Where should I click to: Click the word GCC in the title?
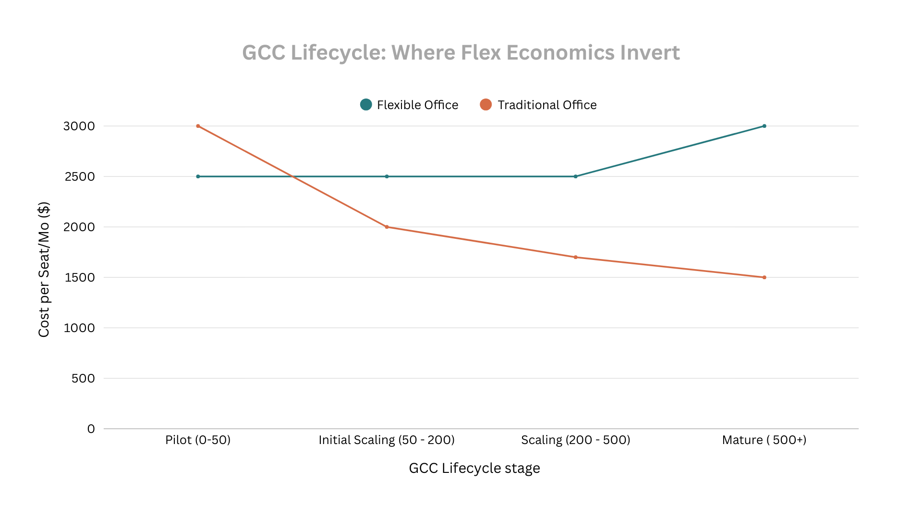(x=263, y=52)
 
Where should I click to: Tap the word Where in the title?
(x=423, y=52)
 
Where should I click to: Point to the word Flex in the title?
(x=480, y=52)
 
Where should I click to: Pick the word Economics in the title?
(x=560, y=52)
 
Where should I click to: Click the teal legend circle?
(x=366, y=104)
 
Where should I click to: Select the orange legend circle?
(x=485, y=104)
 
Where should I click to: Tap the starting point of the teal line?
(x=198, y=176)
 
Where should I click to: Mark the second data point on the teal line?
(x=387, y=176)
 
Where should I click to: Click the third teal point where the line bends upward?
(x=576, y=176)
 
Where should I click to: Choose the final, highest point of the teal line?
(x=764, y=126)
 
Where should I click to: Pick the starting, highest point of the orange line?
(x=198, y=126)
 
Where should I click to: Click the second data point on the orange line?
(x=387, y=227)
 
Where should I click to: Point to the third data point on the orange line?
(x=576, y=257)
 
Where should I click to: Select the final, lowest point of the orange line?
(x=764, y=277)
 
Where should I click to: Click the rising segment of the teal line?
(x=670, y=151)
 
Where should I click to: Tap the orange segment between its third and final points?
(x=670, y=267)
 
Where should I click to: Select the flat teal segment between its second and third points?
(x=481, y=176)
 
